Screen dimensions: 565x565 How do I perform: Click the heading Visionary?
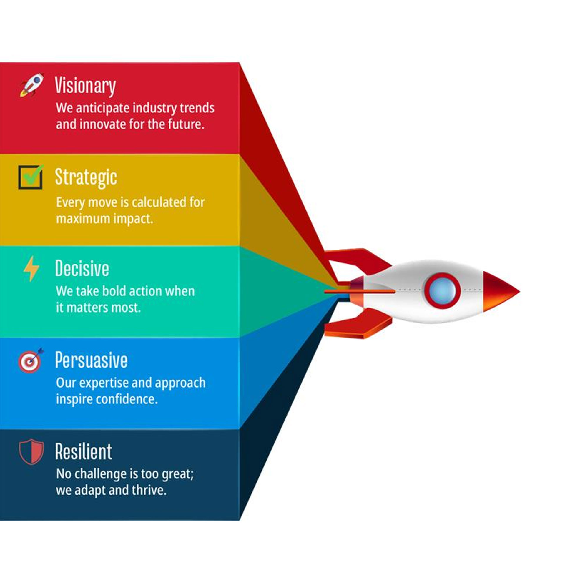[85, 86]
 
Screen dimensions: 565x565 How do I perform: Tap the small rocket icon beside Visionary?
[32, 85]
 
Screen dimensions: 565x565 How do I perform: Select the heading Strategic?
[86, 177]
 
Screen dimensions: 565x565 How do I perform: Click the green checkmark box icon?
[31, 177]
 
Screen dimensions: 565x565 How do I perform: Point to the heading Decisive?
[82, 268]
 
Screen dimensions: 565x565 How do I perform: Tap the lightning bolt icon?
[31, 268]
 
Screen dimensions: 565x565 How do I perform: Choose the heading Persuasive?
[91, 360]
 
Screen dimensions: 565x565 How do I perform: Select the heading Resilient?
[84, 451]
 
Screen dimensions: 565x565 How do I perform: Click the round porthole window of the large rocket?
[442, 290]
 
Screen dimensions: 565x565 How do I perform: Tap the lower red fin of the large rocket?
[358, 324]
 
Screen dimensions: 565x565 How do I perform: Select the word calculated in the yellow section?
[160, 202]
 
